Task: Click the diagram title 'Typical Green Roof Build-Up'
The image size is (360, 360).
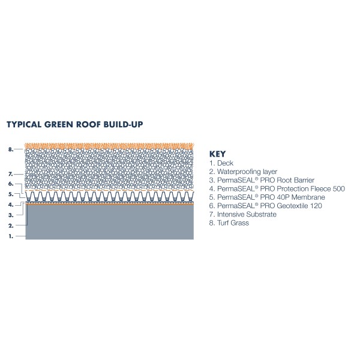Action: coord(75,124)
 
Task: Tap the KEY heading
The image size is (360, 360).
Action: coord(217,154)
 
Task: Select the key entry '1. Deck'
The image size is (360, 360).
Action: coord(221,163)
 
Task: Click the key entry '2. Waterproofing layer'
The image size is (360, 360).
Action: coord(243,172)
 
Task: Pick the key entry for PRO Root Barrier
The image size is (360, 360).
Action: coord(262,180)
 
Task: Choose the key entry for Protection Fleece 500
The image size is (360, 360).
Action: coord(277,189)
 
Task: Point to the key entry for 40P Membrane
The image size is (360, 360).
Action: coord(267,197)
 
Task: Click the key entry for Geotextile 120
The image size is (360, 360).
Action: coord(265,206)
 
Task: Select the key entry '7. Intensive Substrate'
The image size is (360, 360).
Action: coord(242,214)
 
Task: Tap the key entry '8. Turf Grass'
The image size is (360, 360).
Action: coord(229,223)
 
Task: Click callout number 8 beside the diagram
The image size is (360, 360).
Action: coord(11,149)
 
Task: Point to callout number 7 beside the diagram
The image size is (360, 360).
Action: coord(11,174)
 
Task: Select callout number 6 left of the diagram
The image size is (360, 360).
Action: coord(11,184)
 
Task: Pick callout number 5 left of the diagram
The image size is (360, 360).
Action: coord(11,194)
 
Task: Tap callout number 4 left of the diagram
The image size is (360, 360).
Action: coord(11,205)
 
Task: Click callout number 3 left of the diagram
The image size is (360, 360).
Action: coord(11,215)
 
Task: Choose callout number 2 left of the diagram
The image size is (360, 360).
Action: coord(11,226)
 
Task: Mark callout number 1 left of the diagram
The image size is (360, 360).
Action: coord(11,236)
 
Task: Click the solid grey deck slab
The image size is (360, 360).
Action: coord(110,222)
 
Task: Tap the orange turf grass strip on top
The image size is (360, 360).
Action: coord(109,146)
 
